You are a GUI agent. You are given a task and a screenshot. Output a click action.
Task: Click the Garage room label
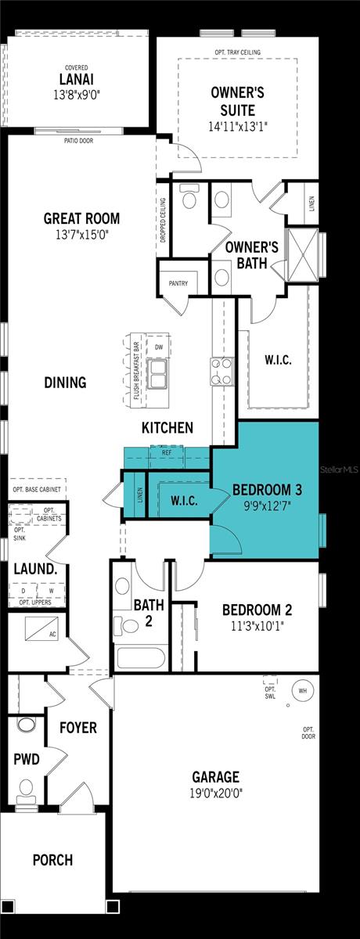(x=216, y=777)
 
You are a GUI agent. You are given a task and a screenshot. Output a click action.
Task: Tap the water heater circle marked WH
(x=302, y=691)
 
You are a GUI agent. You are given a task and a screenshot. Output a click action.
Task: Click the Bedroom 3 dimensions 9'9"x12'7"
(x=266, y=505)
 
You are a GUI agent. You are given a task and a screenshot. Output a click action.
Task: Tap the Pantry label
(x=177, y=283)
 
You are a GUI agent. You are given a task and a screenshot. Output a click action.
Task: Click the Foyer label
(x=78, y=728)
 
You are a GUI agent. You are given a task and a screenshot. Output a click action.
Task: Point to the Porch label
(x=52, y=860)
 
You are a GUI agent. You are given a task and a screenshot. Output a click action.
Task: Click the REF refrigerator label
(x=167, y=452)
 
